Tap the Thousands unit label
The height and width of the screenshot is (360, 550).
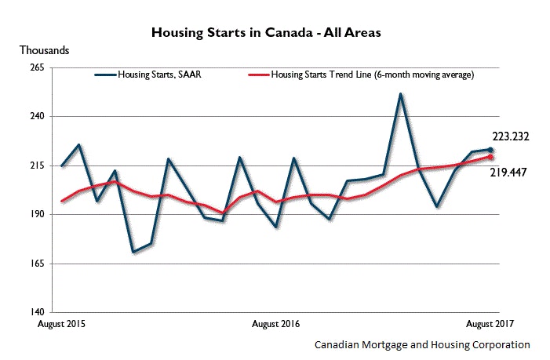44,50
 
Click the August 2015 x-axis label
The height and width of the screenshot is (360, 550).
62,323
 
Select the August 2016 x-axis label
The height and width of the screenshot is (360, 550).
275,323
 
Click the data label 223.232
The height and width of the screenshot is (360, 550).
511,136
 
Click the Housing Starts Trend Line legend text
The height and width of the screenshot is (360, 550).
371,75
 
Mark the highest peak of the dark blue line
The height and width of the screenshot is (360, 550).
401,94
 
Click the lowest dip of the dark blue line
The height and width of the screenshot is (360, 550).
133,253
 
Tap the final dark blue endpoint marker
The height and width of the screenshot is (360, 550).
490,150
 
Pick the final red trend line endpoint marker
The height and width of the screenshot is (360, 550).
490,157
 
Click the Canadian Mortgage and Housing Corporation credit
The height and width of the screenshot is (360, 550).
422,344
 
